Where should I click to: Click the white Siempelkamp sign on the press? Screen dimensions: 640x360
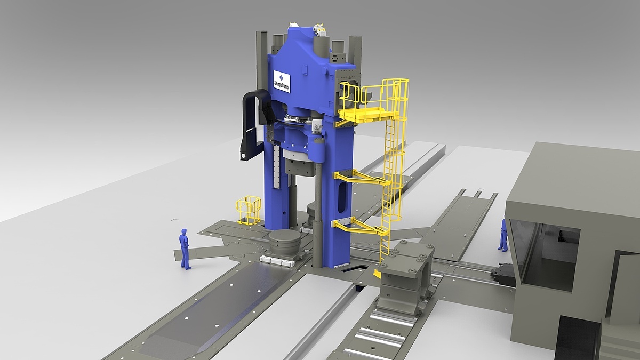click(282, 81)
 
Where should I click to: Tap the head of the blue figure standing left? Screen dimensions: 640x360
click(184, 231)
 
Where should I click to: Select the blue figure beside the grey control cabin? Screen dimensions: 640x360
click(503, 235)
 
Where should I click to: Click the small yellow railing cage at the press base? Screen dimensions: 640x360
click(249, 210)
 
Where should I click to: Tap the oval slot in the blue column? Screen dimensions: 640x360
click(342, 197)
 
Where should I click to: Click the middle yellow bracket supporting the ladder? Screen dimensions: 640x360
click(362, 177)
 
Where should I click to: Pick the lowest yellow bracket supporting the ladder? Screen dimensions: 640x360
click(360, 226)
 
